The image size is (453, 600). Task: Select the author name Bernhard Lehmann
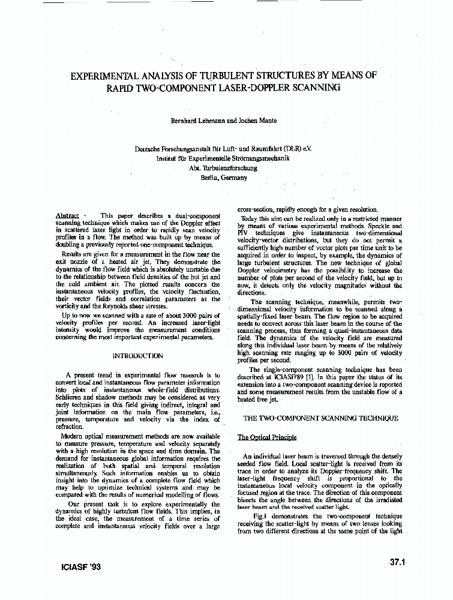tap(193, 121)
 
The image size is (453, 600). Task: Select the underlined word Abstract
tap(67, 215)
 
